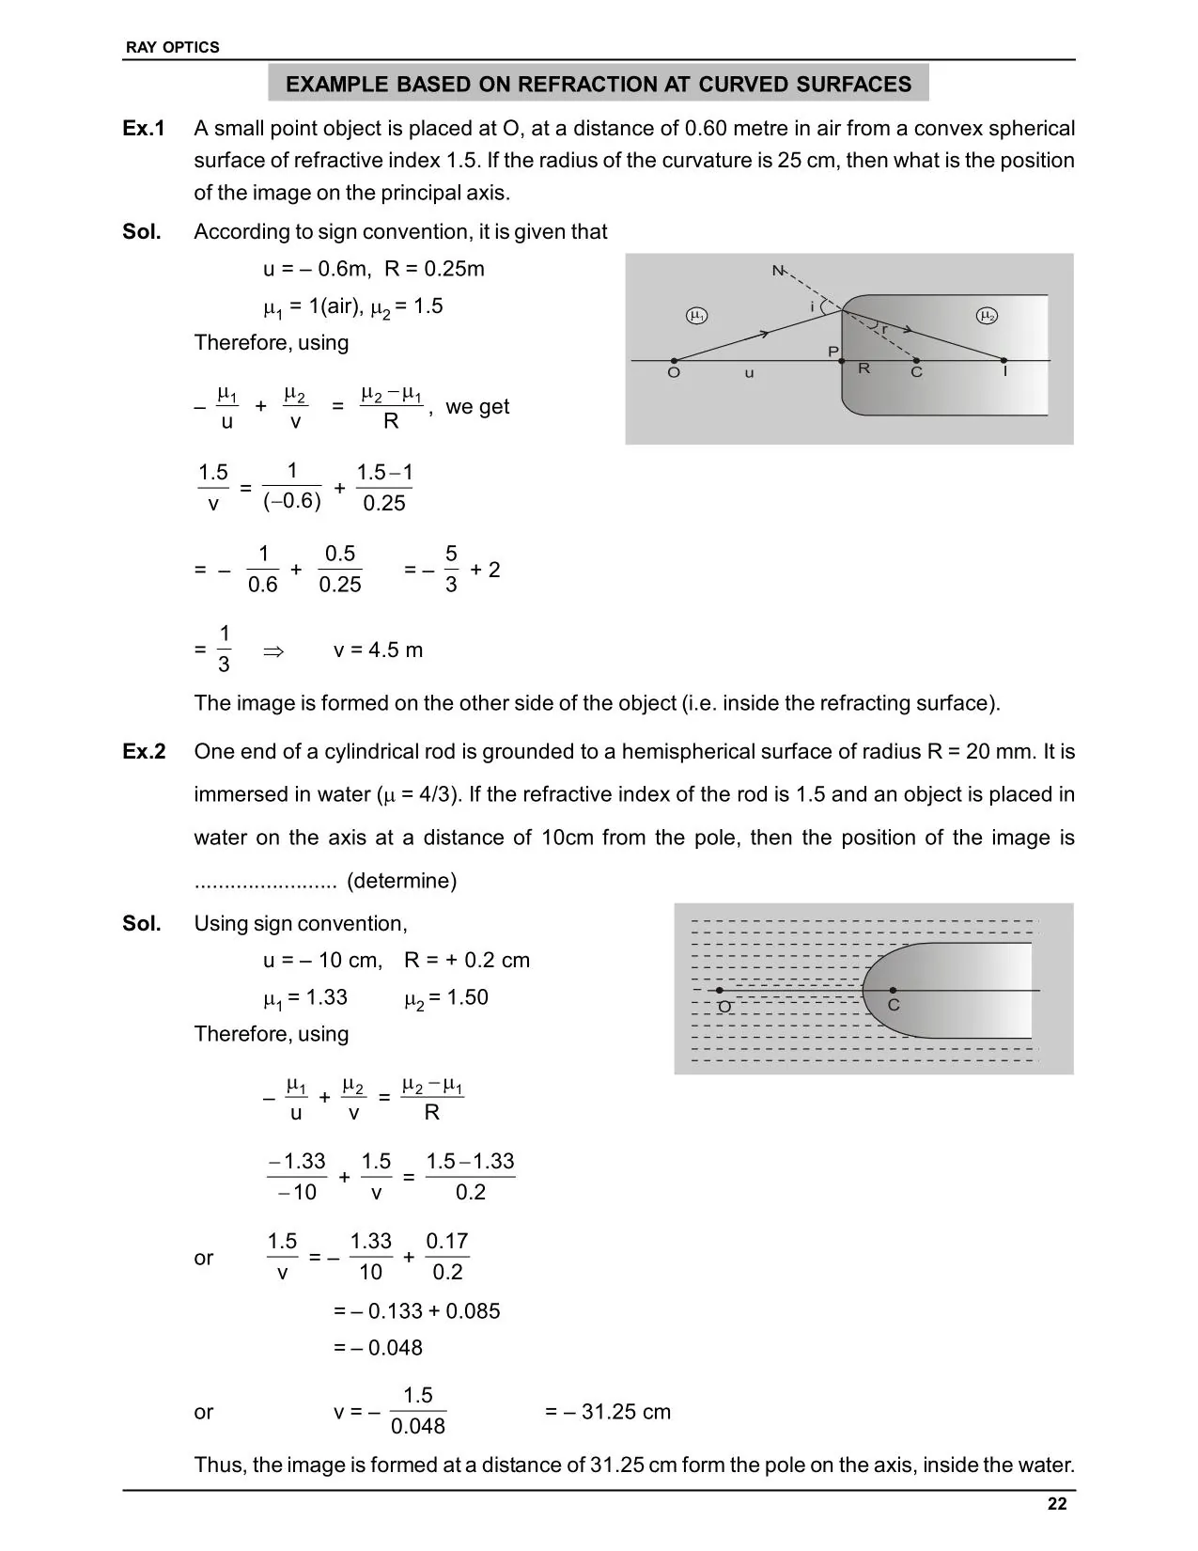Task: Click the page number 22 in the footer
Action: coord(1057,1503)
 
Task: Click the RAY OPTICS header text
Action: coord(172,47)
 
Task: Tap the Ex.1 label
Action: coord(144,128)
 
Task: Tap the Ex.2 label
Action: coord(144,752)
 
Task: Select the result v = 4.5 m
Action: coord(378,650)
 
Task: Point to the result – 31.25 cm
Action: coord(608,1412)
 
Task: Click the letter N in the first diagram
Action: coord(778,271)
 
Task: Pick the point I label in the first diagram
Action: coord(1004,372)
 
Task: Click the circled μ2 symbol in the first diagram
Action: coord(987,316)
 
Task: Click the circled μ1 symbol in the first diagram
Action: coord(696,316)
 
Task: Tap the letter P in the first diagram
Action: coord(832,352)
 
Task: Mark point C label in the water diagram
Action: coord(894,1005)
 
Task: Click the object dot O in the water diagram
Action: coord(720,991)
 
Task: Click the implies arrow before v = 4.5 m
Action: coord(273,650)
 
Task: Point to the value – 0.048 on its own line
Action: coord(379,1348)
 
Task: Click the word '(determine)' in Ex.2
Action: coord(401,881)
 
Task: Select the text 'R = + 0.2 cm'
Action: coord(467,961)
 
